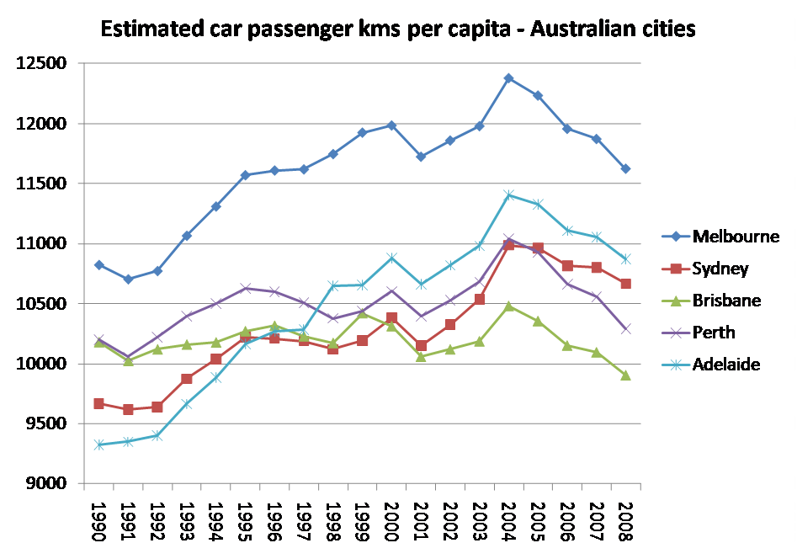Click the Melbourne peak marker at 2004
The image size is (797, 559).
coord(508,78)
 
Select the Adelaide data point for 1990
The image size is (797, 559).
coord(99,445)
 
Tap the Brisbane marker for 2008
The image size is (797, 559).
coord(625,375)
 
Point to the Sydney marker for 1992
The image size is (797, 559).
coord(157,407)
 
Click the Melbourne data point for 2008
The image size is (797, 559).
coord(625,168)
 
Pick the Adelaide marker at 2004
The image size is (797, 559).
coord(508,195)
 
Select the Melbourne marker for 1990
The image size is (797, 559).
coord(99,265)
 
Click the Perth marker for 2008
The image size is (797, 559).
coord(625,328)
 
